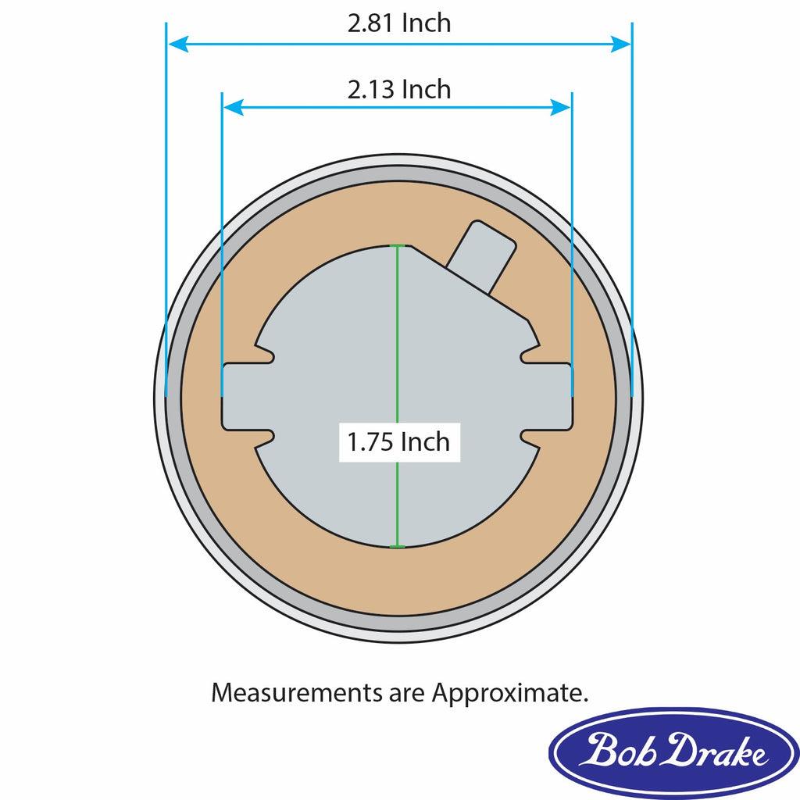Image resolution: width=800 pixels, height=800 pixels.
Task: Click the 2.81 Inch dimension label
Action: pyautogui.click(x=399, y=23)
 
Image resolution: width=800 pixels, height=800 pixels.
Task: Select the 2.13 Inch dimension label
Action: pyautogui.click(x=399, y=90)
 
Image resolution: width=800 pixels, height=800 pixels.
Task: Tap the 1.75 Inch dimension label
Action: pyautogui.click(x=399, y=442)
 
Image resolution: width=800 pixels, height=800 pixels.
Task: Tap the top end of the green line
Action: pyautogui.click(x=398, y=247)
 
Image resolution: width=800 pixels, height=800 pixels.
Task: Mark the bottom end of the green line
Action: pyautogui.click(x=398, y=546)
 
